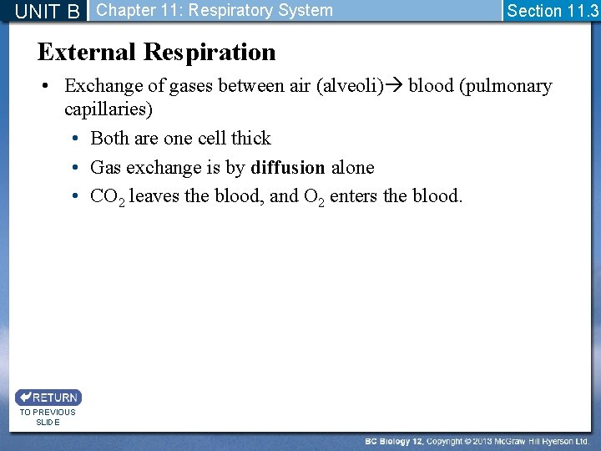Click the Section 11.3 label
point(553,11)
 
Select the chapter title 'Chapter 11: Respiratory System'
point(215,11)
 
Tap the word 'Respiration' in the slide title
point(210,53)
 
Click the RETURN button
point(48,398)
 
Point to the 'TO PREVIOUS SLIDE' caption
point(48,417)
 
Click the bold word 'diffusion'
point(288,168)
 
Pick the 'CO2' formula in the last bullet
point(108,197)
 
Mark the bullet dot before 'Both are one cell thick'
point(75,139)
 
